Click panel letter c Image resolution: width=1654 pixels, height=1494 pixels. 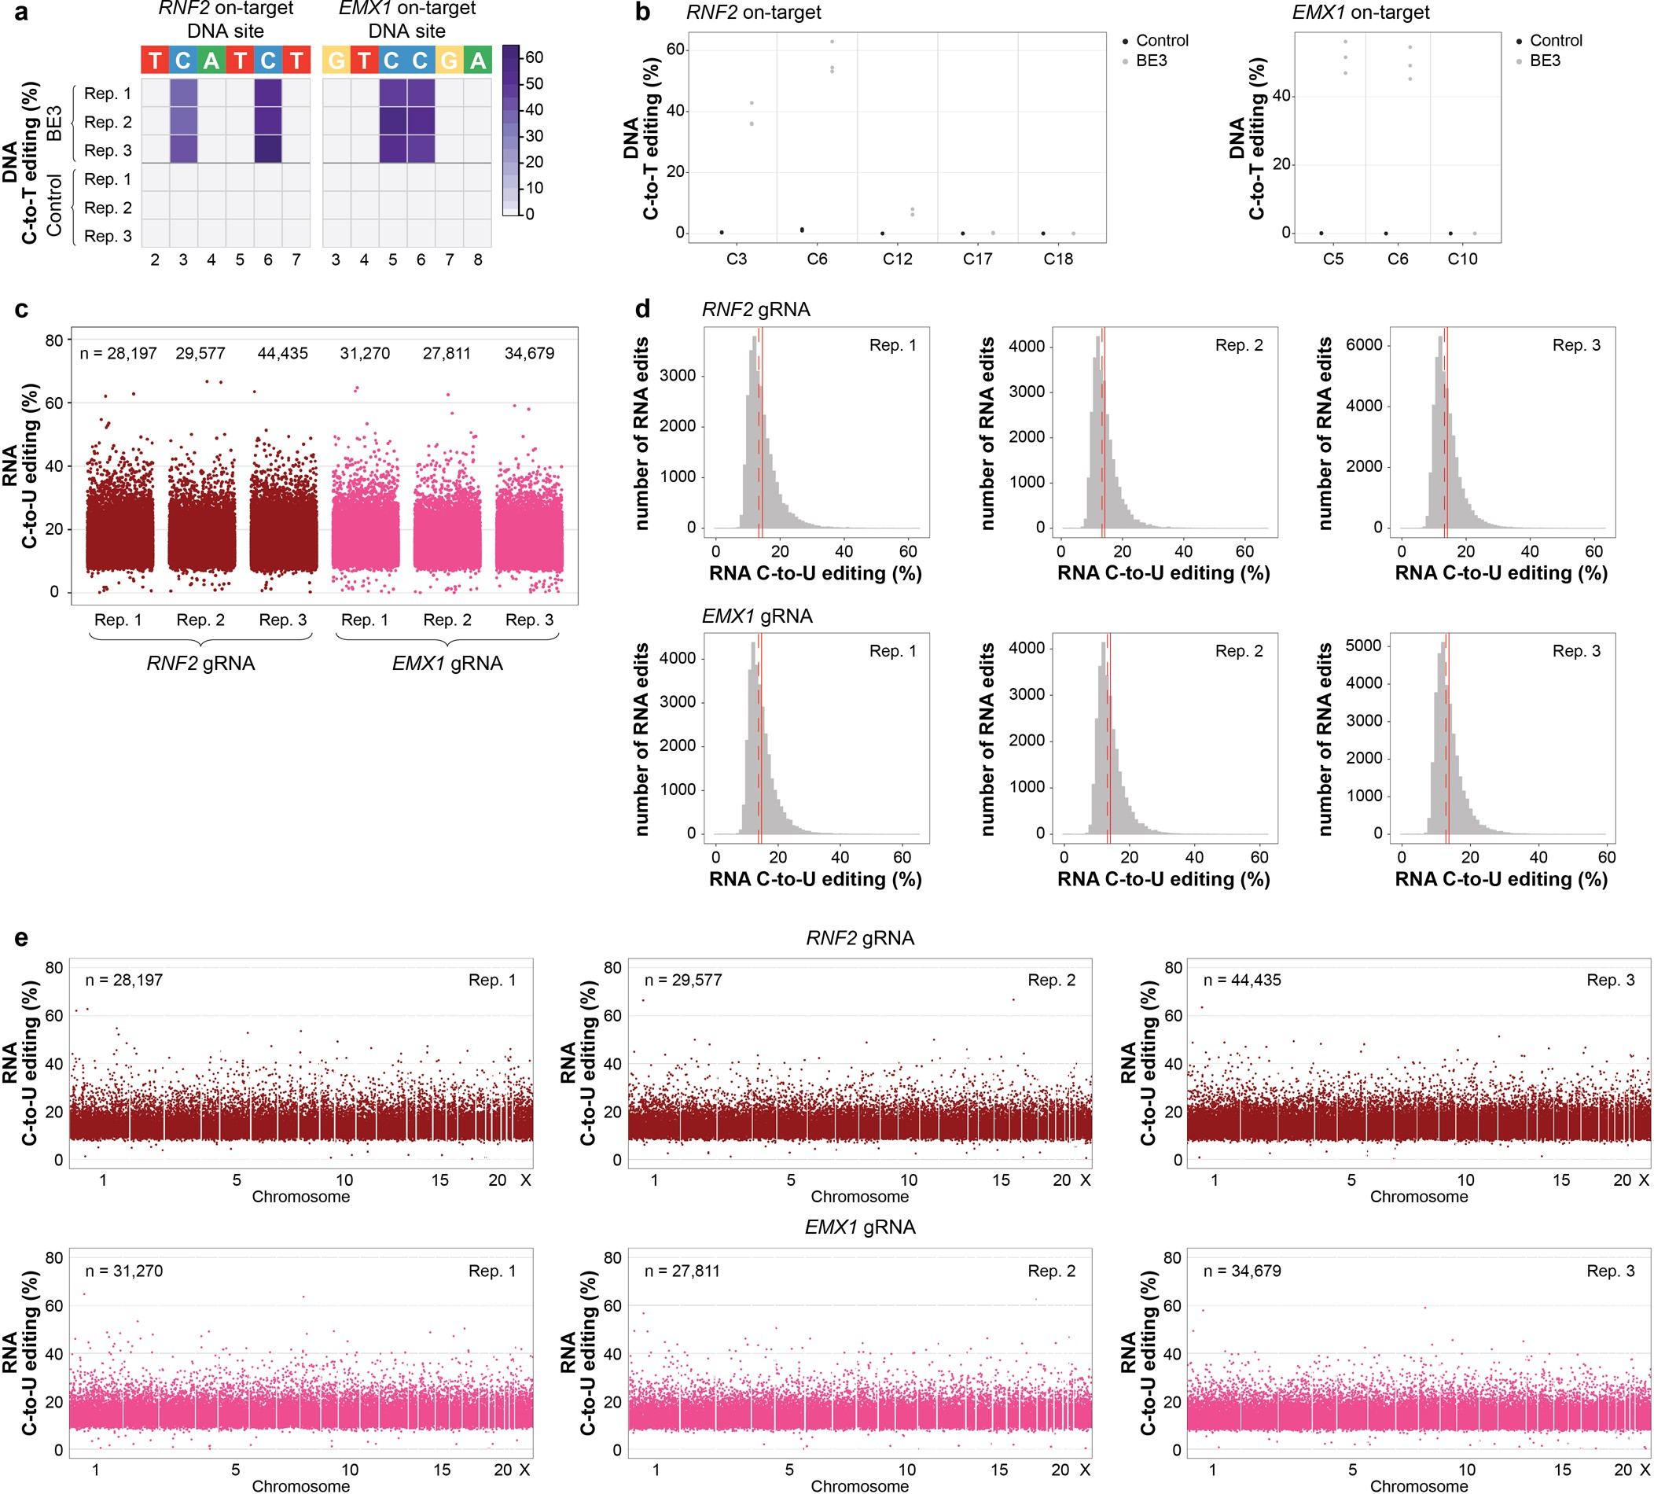(21, 309)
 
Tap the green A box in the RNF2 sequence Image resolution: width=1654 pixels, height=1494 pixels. (211, 60)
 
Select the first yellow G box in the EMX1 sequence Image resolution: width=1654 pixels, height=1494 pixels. (336, 60)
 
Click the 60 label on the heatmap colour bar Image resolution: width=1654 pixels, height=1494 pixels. (534, 57)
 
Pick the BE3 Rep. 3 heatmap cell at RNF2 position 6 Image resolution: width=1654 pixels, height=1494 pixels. (267, 149)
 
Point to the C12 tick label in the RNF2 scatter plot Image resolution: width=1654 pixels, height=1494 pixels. (897, 259)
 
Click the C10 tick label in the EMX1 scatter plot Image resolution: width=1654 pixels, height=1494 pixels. (1462, 259)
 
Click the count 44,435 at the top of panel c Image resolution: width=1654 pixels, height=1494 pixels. (282, 354)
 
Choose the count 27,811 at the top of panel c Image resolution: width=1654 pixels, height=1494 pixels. (447, 354)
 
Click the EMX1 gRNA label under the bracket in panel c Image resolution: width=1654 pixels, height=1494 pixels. (447, 663)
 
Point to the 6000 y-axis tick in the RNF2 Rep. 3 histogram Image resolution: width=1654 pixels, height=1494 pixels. (1364, 344)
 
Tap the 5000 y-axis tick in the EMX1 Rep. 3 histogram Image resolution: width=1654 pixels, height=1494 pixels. (1364, 646)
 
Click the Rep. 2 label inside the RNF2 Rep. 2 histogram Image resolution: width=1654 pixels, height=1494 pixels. (1238, 345)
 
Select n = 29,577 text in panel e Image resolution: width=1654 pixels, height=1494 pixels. (682, 980)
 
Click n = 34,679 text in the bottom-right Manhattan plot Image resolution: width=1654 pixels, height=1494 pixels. (1241, 1271)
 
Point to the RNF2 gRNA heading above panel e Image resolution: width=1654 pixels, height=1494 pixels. (859, 938)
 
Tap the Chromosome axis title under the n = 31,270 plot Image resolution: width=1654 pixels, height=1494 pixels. (300, 1486)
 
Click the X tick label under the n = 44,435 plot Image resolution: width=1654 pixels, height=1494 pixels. (1643, 1179)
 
